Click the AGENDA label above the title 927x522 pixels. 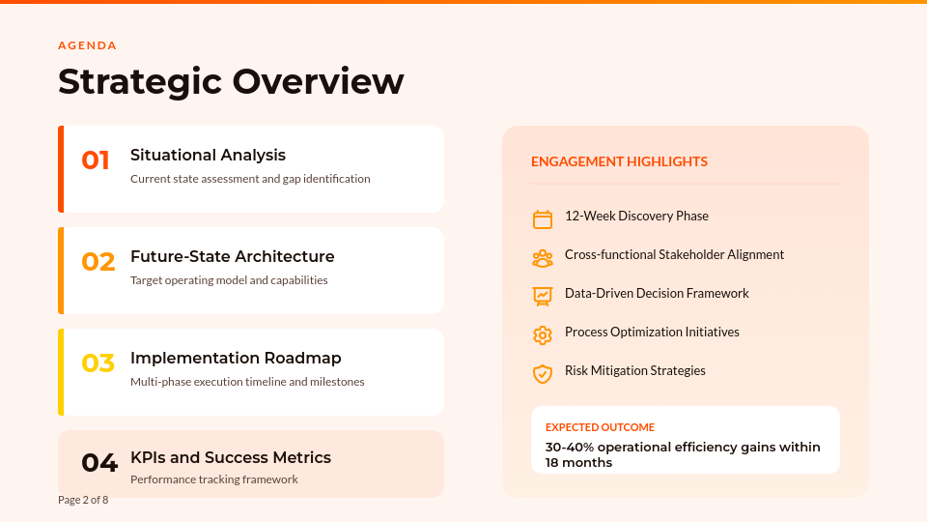pos(87,45)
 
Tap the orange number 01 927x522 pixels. pos(96,160)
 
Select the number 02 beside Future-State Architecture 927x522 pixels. pos(98,262)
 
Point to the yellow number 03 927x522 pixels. pos(98,363)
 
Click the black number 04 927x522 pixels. pos(98,463)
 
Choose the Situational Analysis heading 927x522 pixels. pos(208,155)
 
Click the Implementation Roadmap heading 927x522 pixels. pos(236,358)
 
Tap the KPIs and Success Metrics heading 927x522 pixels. pos(231,457)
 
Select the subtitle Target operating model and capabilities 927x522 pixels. pos(229,280)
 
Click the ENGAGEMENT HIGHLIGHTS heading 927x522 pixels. pos(619,161)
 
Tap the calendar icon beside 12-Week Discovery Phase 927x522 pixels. pos(543,219)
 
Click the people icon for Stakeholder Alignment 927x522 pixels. pos(543,258)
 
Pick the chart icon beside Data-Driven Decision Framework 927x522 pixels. pos(543,296)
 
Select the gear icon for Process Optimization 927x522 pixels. pos(543,335)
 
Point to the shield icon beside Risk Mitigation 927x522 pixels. pos(543,373)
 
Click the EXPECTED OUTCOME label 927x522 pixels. pos(600,427)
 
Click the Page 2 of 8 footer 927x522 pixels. pos(83,500)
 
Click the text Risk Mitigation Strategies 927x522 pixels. pos(635,370)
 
